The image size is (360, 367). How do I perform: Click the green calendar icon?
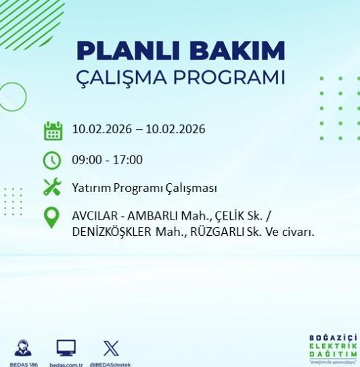53,130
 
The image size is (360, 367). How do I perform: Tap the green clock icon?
52,160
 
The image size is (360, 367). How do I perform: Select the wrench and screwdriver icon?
52,188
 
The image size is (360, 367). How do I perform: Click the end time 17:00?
128,160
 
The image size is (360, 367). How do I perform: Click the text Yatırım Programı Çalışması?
144,188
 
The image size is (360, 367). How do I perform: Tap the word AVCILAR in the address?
93,216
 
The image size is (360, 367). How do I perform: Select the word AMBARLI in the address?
150,216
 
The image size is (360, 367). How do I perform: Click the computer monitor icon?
66,348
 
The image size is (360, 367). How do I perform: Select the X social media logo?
111,348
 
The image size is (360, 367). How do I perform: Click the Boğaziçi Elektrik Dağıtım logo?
332,347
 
